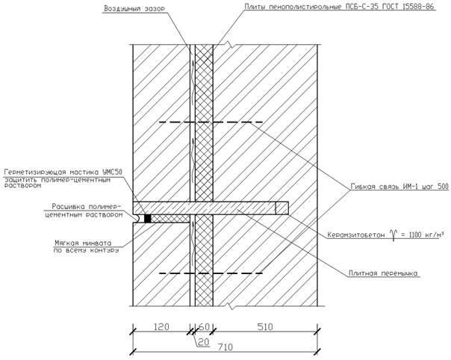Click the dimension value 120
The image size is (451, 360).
[159, 326]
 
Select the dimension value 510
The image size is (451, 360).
[266, 326]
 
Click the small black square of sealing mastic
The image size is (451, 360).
[148, 218]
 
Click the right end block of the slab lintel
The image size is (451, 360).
[282, 207]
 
